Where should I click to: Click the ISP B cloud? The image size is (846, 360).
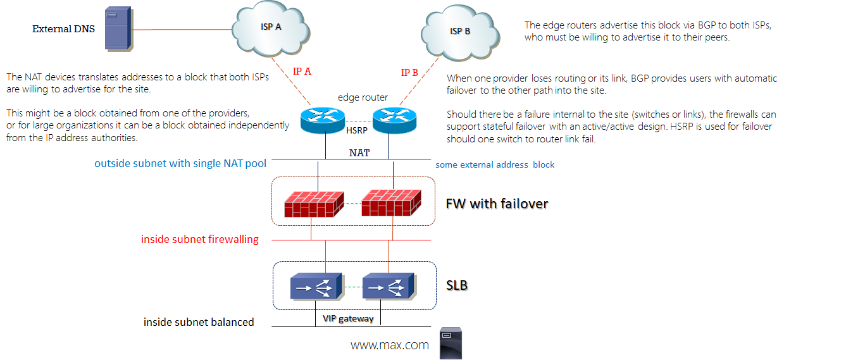(x=460, y=31)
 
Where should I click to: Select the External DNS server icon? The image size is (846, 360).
(x=118, y=28)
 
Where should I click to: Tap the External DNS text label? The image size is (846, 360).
(x=63, y=29)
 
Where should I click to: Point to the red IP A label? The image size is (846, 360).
(x=302, y=71)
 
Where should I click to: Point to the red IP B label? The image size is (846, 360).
(x=409, y=73)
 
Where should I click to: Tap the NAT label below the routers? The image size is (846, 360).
(x=359, y=152)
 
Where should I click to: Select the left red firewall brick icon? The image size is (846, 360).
(x=314, y=202)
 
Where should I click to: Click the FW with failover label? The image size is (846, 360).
(x=497, y=204)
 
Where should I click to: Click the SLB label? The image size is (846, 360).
(x=457, y=286)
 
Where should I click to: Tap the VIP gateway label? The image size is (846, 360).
(x=347, y=319)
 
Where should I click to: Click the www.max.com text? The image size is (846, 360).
(x=390, y=345)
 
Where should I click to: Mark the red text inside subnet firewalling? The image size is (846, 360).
(x=199, y=239)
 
